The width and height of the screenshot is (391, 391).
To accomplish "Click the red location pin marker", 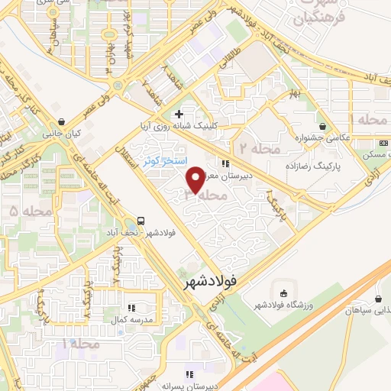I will click(196, 179).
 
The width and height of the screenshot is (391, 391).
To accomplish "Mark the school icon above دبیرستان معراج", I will click(224, 163).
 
